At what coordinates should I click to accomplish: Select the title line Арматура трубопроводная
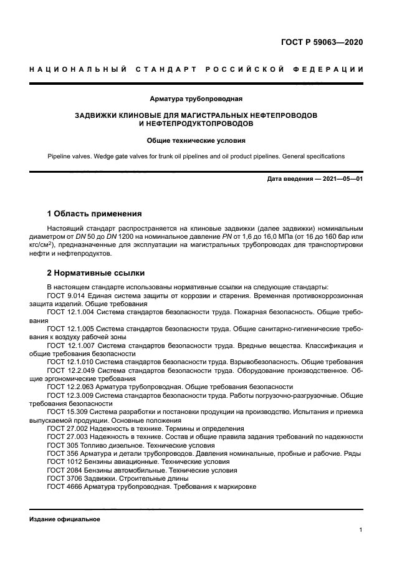196,99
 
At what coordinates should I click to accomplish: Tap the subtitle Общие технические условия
196,140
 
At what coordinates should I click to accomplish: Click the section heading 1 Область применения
95,213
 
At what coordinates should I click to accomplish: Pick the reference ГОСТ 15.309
67,412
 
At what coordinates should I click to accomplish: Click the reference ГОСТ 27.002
67,428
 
